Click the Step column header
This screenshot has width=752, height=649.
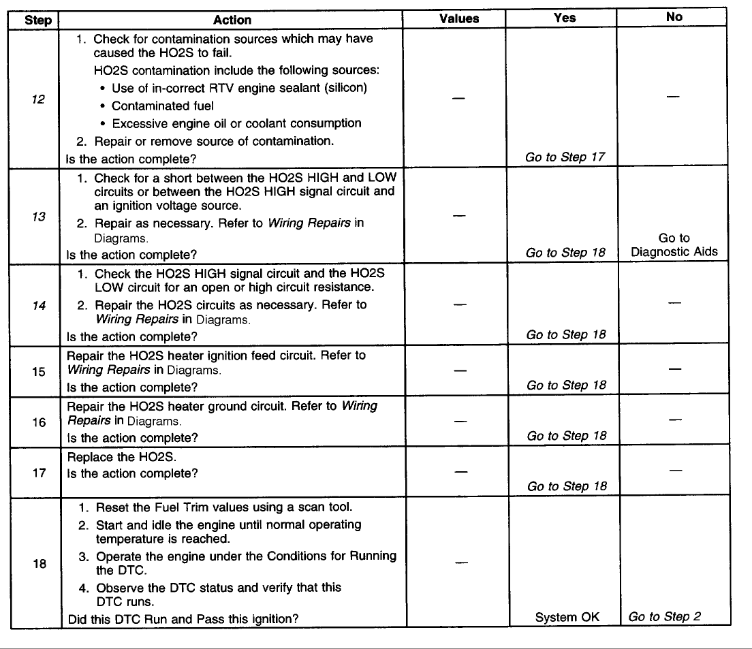point(38,20)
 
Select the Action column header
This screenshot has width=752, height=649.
point(232,20)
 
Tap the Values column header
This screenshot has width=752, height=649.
point(459,19)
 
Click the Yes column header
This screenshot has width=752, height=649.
point(565,19)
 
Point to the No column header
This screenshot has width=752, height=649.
point(674,18)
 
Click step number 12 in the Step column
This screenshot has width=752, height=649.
point(38,98)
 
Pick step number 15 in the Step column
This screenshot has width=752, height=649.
point(38,372)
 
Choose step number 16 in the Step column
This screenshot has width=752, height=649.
point(38,422)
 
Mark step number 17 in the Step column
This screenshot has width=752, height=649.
point(38,472)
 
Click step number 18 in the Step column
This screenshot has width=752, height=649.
point(38,564)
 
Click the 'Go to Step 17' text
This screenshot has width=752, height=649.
point(565,157)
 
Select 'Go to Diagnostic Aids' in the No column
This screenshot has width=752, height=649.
point(674,245)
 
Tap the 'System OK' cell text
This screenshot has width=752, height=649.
point(567,618)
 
